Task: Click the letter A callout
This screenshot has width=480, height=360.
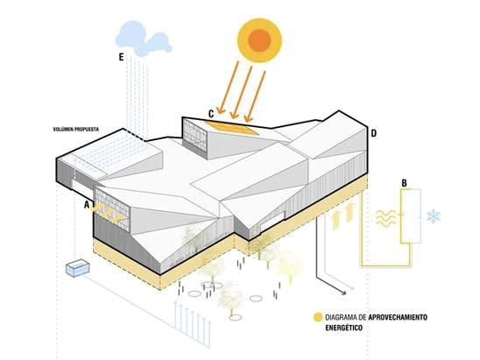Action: click(87, 205)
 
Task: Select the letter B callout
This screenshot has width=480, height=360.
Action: click(404, 183)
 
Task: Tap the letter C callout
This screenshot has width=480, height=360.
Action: click(211, 114)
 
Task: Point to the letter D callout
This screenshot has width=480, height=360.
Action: click(373, 133)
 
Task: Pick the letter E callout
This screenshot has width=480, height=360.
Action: click(121, 57)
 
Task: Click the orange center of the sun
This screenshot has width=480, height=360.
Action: click(259, 40)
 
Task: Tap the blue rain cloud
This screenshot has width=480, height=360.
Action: click(143, 39)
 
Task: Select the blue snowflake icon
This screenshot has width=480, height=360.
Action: click(434, 216)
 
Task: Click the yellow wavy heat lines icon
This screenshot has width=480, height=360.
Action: click(385, 219)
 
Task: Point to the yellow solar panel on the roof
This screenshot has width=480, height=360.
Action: click(232, 128)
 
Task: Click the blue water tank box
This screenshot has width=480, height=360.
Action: click(77, 268)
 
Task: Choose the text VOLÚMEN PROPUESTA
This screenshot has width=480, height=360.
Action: click(76, 130)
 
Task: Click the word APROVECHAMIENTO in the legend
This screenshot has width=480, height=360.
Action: click(398, 317)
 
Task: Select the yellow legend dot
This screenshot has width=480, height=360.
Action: click(318, 317)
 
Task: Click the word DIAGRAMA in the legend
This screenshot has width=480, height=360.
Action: click(341, 317)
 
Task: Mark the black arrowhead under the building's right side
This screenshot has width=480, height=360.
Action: click(343, 293)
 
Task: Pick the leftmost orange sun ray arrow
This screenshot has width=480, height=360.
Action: click(228, 88)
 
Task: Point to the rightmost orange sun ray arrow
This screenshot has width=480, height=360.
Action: click(255, 96)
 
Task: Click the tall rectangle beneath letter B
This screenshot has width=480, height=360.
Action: click(411, 216)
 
